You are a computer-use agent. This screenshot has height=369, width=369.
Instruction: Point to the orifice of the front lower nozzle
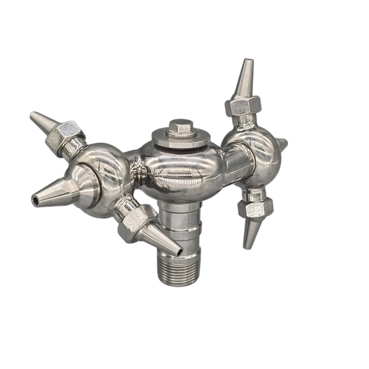point(178,251)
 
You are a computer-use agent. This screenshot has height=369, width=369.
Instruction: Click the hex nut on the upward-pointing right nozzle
point(243,105)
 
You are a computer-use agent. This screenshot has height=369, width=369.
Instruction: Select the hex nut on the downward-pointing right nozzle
point(256,208)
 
